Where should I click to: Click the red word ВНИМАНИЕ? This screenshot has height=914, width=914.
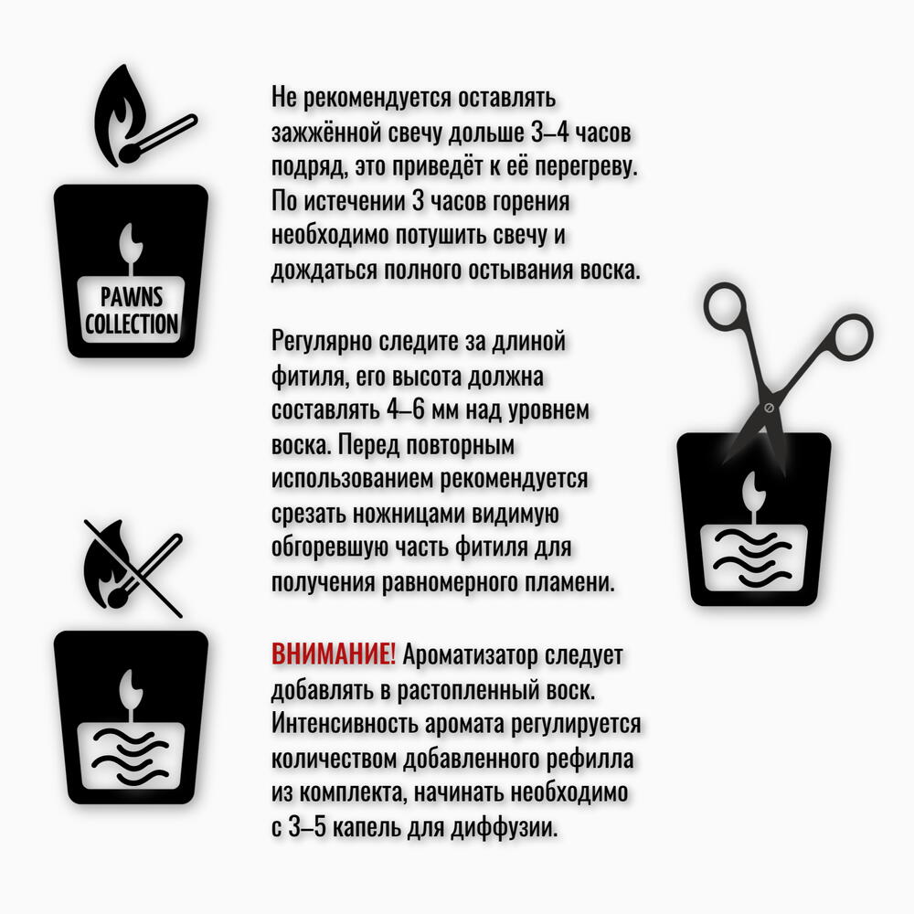334,654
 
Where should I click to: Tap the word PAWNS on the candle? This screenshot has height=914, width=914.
131,297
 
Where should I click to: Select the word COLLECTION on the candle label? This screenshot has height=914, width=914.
131,324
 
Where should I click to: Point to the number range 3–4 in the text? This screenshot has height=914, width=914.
549,133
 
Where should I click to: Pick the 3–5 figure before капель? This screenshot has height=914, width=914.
307,827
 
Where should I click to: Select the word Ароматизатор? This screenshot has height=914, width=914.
470,655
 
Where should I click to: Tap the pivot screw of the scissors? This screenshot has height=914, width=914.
769,408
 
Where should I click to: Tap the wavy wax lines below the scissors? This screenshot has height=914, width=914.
753,558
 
